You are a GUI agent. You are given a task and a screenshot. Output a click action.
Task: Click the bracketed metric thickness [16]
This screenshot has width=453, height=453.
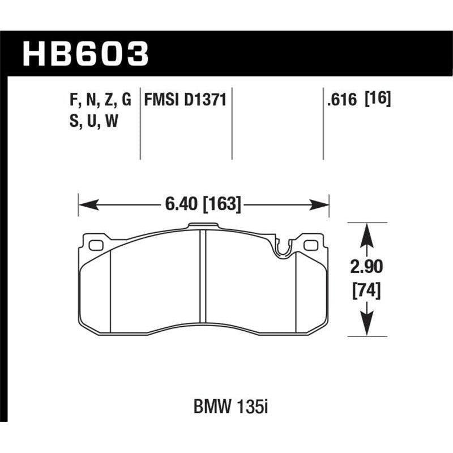tap(379, 100)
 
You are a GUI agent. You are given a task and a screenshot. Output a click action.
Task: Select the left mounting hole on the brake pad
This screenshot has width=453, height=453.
tap(95, 245)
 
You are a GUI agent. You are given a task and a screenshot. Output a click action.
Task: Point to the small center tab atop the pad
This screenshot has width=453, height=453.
tap(203, 226)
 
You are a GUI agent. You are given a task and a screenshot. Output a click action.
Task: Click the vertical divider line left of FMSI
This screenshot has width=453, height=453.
tap(140, 125)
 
